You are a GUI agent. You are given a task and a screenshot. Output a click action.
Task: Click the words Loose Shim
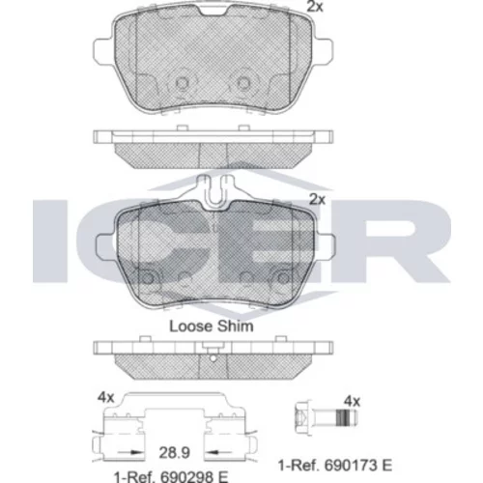pos(212,327)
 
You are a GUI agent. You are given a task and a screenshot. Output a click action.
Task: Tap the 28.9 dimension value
pos(174,452)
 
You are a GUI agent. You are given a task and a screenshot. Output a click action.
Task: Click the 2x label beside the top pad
pos(315,7)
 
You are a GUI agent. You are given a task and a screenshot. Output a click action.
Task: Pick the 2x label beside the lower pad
pos(317,200)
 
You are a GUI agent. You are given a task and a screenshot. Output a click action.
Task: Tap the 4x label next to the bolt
pos(352,402)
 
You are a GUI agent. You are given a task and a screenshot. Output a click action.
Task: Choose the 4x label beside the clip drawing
pos(106,398)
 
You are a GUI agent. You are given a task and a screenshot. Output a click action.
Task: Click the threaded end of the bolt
pos(347,418)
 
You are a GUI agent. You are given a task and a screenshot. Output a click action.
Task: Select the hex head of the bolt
pos(303,418)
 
